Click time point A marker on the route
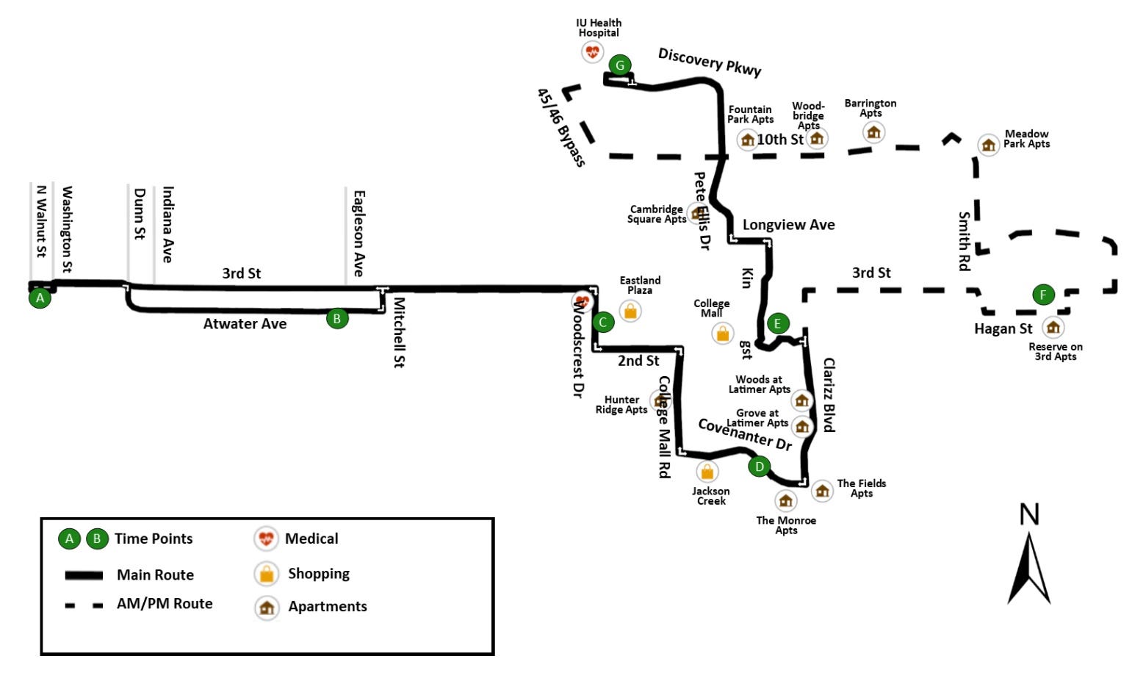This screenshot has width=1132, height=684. click(40, 298)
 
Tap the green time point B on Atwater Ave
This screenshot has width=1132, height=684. click(337, 318)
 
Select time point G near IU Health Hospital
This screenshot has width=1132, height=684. click(620, 65)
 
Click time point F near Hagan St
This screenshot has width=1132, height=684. click(1043, 295)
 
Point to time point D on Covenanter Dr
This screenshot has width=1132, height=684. click(759, 466)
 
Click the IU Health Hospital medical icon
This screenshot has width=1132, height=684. click(592, 51)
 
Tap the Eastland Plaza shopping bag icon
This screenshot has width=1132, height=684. click(630, 311)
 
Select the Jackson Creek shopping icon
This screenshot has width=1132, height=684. click(707, 471)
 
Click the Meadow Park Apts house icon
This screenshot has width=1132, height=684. click(989, 145)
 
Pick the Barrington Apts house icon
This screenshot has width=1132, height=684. click(873, 132)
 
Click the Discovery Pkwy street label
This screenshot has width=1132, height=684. click(709, 62)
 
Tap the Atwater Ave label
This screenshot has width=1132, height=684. click(245, 324)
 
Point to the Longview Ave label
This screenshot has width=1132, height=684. click(788, 225)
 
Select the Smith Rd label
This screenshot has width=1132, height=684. click(964, 241)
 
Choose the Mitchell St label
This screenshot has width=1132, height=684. click(399, 332)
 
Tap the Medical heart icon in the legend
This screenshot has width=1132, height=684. click(266, 539)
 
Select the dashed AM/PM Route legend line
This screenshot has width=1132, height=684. click(84, 605)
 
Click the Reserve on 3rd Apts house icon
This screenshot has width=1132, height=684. click(1053, 327)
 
